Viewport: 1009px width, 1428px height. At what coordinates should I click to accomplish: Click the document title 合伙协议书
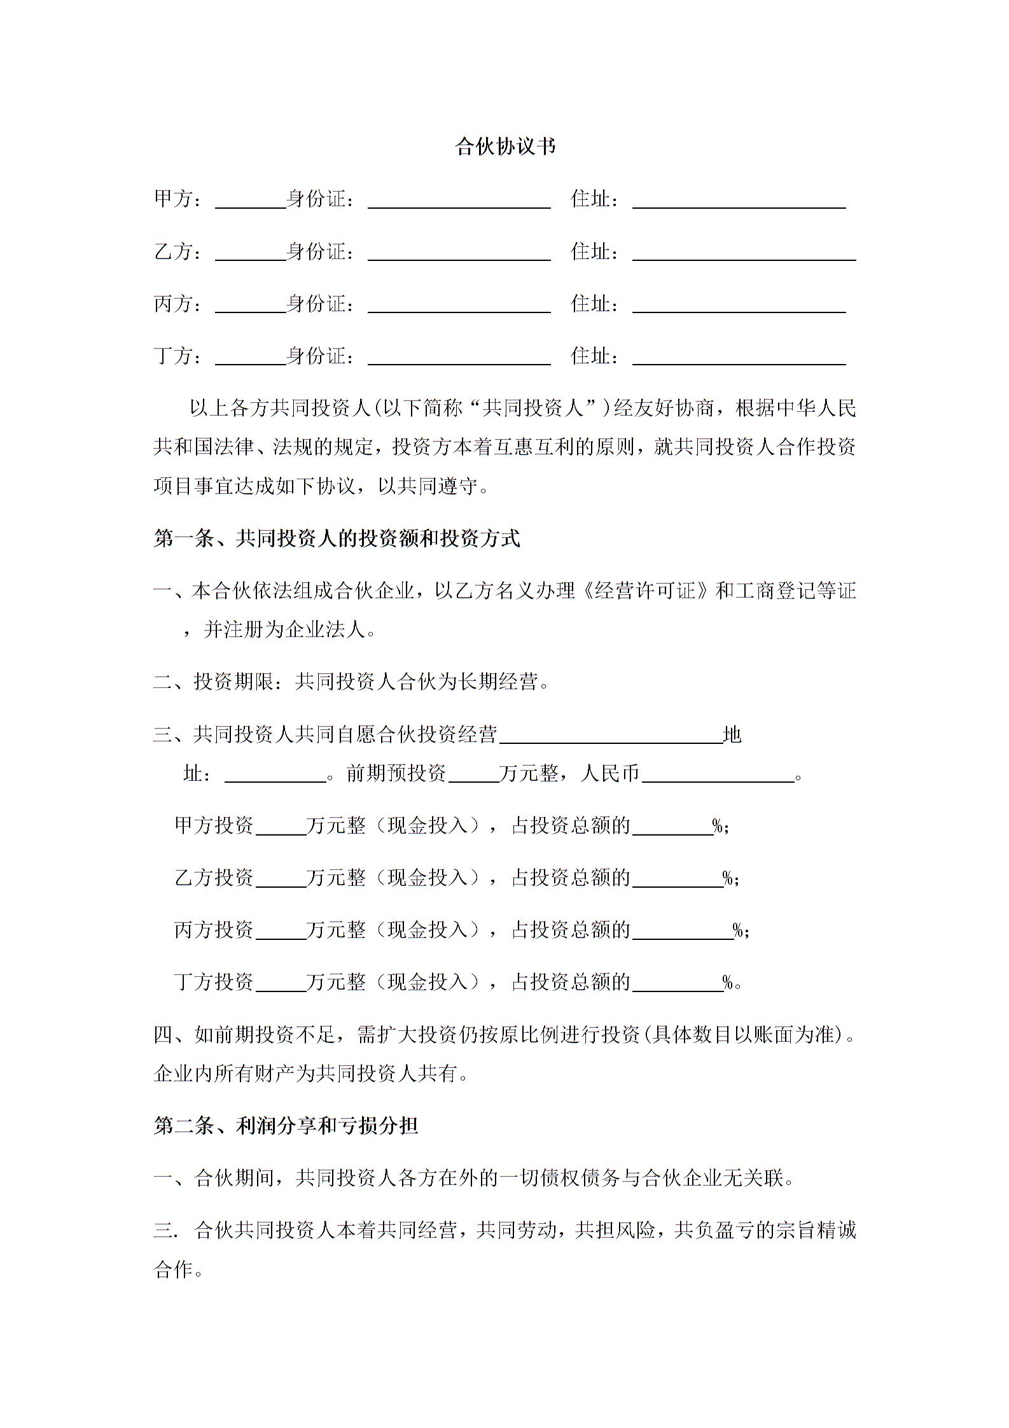tap(505, 147)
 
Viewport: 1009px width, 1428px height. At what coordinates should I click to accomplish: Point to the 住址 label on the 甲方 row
tap(590, 199)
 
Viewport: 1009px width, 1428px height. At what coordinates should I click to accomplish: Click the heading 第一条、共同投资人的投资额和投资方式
tap(337, 538)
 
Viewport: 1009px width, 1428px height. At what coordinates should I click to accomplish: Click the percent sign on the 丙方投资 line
tap(739, 930)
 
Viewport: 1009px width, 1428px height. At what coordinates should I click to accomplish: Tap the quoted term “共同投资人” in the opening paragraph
tap(532, 408)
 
